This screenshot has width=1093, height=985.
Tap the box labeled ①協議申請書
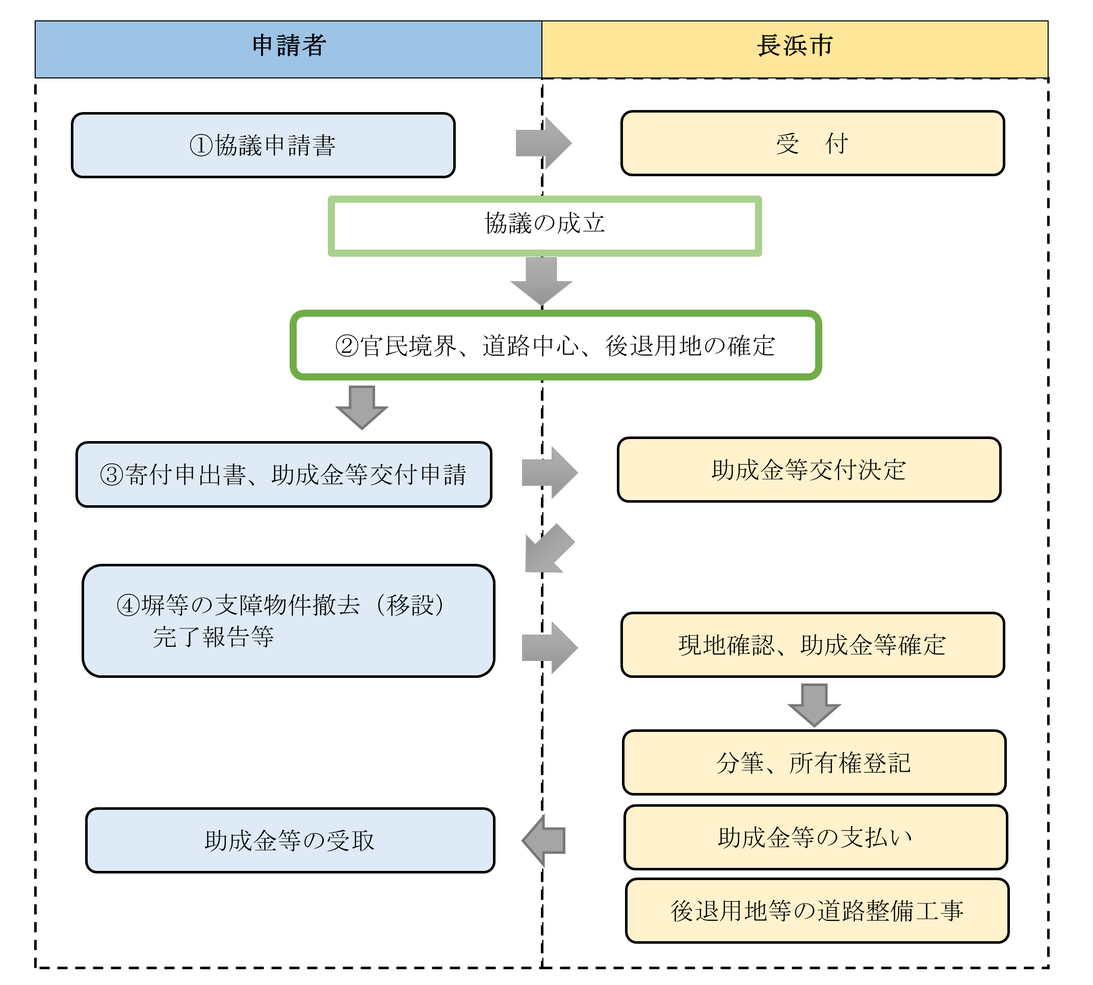click(x=263, y=145)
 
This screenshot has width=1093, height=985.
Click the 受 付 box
click(x=812, y=144)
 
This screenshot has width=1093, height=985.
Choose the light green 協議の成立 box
click(x=544, y=226)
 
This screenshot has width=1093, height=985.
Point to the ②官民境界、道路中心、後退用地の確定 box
click(x=556, y=345)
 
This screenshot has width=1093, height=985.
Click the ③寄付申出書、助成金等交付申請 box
click(x=283, y=474)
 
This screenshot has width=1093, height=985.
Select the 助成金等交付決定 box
click(x=809, y=469)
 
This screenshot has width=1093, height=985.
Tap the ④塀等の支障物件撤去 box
click(x=288, y=620)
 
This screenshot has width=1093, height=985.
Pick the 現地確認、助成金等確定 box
click(x=812, y=645)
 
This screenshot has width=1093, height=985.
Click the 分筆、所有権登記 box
click(x=814, y=762)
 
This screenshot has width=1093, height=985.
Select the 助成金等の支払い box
click(x=815, y=837)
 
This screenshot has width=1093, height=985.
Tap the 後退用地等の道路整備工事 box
click(x=817, y=910)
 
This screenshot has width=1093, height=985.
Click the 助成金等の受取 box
click(x=290, y=840)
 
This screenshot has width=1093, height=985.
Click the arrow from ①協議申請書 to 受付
click(x=543, y=144)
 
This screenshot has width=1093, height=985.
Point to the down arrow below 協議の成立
click(x=541, y=280)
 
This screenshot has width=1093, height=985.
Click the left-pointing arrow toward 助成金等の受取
click(x=544, y=840)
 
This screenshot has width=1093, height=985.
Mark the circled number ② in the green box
click(x=347, y=346)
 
